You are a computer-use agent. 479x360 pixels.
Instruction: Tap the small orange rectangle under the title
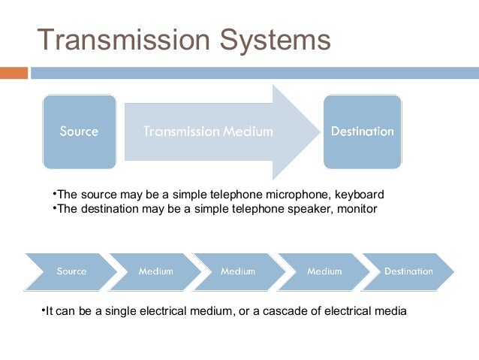[x=14, y=73]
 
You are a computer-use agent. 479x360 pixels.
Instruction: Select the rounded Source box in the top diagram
[x=79, y=132]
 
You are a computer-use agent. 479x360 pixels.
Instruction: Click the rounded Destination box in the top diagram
[x=362, y=132]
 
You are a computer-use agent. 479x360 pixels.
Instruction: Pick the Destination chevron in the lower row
[x=408, y=271]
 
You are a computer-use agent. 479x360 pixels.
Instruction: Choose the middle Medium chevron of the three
[x=237, y=271]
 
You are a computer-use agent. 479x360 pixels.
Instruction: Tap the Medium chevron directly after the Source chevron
[x=155, y=271]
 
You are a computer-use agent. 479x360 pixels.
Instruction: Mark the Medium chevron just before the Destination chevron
[x=324, y=271]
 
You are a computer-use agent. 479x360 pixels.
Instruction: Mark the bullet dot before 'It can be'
[x=43, y=309]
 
